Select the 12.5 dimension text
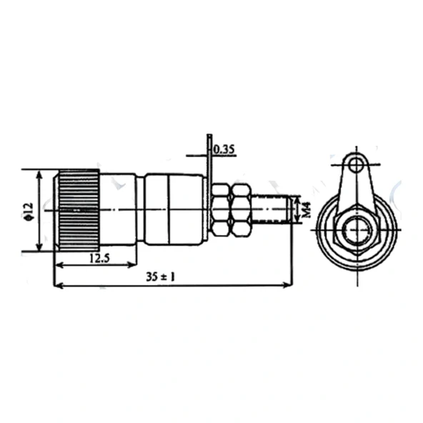pyautogui.click(x=99, y=259)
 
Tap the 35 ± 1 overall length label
pyautogui.click(x=161, y=277)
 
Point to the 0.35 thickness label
pyautogui.click(x=224, y=149)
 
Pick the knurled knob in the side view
pyautogui.click(x=78, y=210)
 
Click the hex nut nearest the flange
pyautogui.click(x=221, y=210)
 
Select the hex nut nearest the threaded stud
pyautogui.click(x=241, y=210)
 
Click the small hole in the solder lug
pyautogui.click(x=357, y=164)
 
